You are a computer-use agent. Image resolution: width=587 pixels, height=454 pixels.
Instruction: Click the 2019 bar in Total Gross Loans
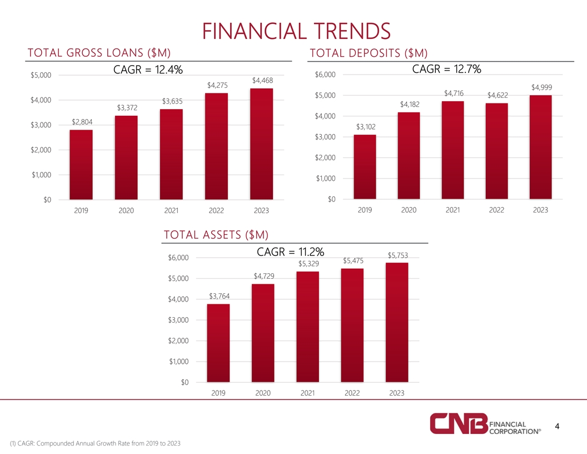pyautogui.click(x=81, y=164)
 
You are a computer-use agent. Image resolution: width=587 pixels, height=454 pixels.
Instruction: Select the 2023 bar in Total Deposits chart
pyautogui.click(x=540, y=147)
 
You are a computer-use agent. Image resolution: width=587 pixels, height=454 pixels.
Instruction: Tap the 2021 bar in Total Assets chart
pyautogui.click(x=307, y=327)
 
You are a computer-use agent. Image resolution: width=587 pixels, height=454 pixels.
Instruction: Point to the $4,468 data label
pyautogui.click(x=262, y=81)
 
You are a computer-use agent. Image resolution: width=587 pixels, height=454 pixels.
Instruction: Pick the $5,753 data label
pyautogui.click(x=397, y=255)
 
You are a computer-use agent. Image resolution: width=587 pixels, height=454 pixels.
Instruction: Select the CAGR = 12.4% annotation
pyautogui.click(x=148, y=70)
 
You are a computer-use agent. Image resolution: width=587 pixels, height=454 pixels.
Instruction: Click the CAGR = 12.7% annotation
pyautogui.click(x=446, y=69)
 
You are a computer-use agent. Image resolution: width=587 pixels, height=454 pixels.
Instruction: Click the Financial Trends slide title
pyautogui.click(x=293, y=31)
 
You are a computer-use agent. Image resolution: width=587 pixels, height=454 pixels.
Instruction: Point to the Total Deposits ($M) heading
pyautogui.click(x=368, y=53)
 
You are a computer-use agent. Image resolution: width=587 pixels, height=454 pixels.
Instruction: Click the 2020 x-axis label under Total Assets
pyautogui.click(x=263, y=393)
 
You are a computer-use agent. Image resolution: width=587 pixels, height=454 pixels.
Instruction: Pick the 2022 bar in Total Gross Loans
pyautogui.click(x=216, y=146)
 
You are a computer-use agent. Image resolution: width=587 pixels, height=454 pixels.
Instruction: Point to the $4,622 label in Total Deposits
pyautogui.click(x=498, y=96)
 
